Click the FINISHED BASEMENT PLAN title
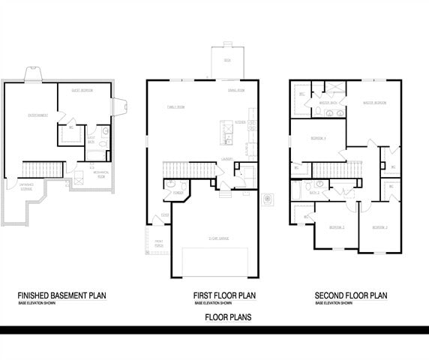pos(61,295)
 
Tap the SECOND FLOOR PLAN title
pos(352,295)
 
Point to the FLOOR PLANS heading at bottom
pos(228,317)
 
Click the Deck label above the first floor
pos(227,59)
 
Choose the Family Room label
pos(176,107)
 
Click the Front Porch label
pos(158,243)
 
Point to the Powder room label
pos(178,193)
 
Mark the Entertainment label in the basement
pos(38,115)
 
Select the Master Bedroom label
pos(374,103)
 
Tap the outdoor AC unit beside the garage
pos(267,199)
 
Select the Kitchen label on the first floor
pos(241,121)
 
